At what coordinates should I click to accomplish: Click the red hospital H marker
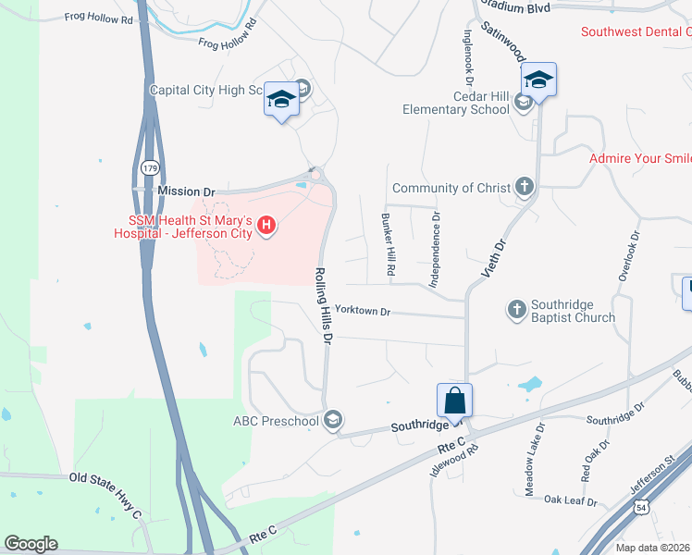266,225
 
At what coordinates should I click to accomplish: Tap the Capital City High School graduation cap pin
280,99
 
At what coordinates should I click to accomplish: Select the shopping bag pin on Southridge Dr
454,401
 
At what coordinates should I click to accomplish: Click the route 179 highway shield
150,167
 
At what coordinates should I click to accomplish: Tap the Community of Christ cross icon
525,188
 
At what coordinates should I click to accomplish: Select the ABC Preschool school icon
333,421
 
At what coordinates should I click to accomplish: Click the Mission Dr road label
179,191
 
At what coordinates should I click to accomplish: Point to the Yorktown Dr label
363,312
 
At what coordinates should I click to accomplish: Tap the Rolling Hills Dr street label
322,306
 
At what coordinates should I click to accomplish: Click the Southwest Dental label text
636,31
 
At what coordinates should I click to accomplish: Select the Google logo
31,544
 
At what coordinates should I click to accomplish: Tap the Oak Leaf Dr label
570,500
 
